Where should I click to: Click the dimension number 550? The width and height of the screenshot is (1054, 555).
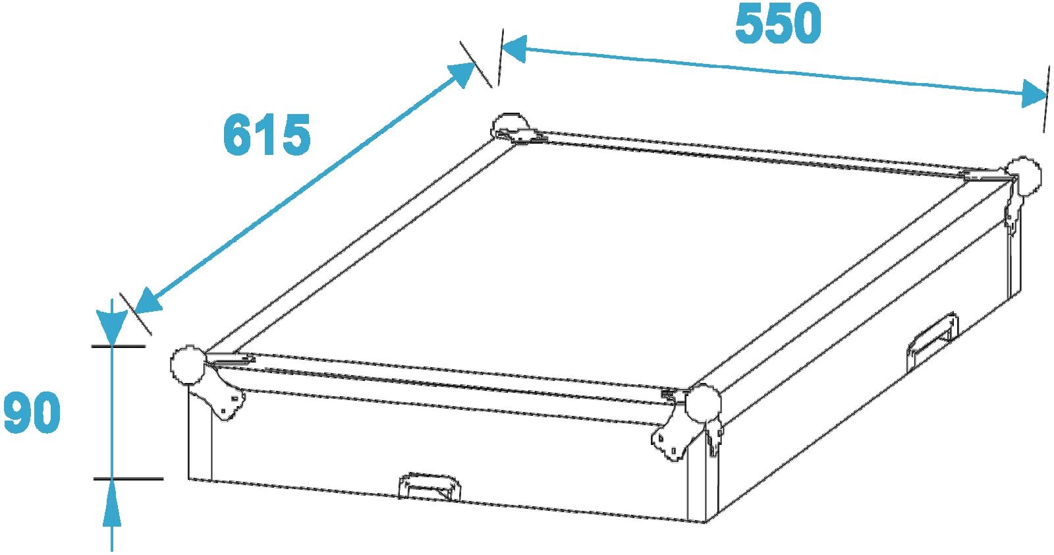click(x=778, y=24)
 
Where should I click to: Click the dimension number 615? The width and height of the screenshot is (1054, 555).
click(x=267, y=134)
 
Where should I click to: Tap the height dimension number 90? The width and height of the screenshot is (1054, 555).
click(x=32, y=413)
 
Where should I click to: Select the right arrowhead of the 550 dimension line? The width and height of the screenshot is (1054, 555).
click(x=1035, y=94)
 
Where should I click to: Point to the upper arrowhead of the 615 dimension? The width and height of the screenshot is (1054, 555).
click(x=460, y=74)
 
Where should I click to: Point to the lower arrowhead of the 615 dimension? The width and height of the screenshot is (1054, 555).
click(x=148, y=301)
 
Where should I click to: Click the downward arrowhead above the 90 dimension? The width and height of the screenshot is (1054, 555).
click(x=111, y=328)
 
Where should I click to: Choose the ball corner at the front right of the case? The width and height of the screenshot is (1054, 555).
click(x=702, y=403)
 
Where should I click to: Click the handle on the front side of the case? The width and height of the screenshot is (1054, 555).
click(x=430, y=485)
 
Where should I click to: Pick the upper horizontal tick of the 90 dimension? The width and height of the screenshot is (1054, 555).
click(x=119, y=347)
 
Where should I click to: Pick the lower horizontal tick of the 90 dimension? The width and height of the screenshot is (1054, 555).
click(x=128, y=479)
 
